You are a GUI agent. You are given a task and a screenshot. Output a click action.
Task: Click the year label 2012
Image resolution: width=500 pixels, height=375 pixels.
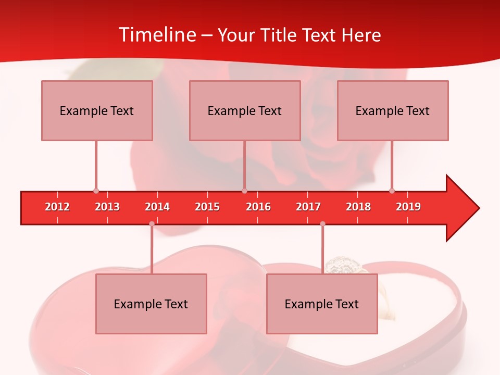tap(57, 207)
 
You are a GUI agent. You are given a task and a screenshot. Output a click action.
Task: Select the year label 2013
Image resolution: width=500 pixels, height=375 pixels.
tap(107, 207)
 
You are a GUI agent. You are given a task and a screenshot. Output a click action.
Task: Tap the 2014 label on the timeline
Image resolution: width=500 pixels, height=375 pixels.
tap(157, 207)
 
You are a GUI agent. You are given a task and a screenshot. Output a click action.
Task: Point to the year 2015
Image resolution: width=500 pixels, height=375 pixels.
tap(207, 207)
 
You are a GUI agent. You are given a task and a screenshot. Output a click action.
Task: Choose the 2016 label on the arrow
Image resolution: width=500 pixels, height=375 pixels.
tap(258, 207)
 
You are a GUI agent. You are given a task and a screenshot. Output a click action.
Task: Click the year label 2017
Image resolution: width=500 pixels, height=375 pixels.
tap(308, 207)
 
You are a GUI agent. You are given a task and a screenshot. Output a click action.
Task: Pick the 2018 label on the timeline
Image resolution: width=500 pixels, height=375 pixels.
tap(358, 207)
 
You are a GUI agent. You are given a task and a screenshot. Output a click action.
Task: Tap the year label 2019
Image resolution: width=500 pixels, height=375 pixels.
tap(408, 207)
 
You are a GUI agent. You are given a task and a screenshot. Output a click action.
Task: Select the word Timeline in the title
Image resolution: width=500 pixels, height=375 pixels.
tap(157, 35)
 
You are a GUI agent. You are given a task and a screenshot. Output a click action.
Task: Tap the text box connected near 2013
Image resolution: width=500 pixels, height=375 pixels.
tap(97, 110)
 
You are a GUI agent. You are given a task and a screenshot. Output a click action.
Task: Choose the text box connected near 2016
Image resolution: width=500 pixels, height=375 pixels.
tap(245, 110)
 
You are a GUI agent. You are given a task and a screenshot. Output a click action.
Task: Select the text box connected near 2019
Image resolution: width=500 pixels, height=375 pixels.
tap(393, 110)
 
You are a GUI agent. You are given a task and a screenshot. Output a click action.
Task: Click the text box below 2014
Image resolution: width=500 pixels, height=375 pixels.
tap(151, 304)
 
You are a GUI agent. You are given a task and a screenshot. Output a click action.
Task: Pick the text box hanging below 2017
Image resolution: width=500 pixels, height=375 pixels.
tap(322, 304)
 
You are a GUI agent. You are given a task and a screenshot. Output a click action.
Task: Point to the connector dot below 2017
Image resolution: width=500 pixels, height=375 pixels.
tap(322, 224)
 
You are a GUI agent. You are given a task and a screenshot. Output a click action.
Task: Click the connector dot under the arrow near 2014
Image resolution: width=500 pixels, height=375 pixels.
tap(152, 224)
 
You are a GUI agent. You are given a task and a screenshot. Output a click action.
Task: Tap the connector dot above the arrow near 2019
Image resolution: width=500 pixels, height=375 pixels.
tap(392, 191)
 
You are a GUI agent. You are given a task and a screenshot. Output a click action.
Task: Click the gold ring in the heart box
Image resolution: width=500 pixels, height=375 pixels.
tap(341, 266)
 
